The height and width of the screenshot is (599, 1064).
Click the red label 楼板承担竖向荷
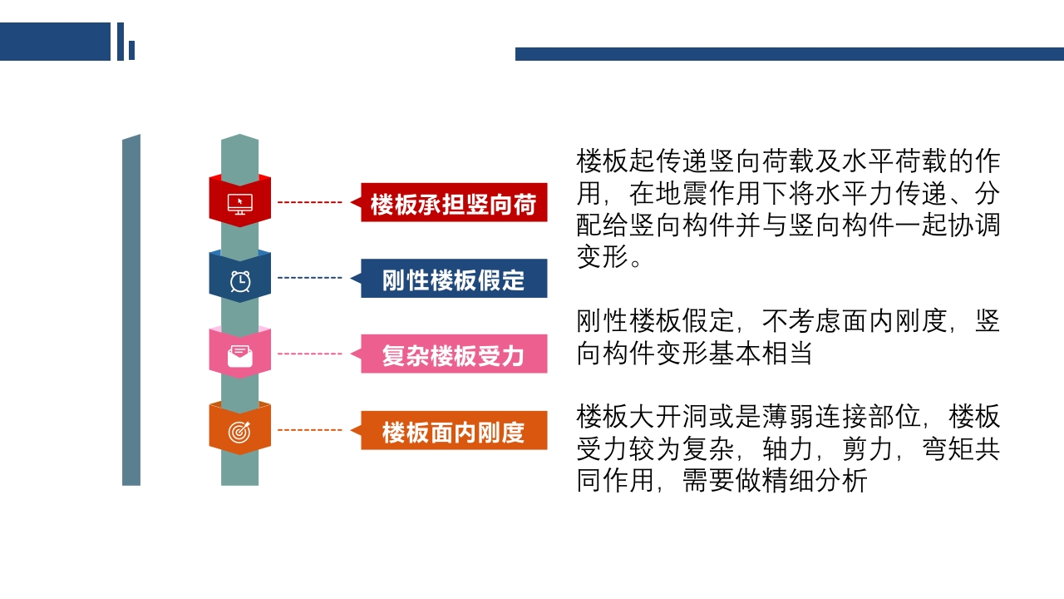[454, 203]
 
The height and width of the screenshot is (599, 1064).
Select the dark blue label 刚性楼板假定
[454, 279]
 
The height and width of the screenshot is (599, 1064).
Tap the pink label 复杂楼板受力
[454, 354]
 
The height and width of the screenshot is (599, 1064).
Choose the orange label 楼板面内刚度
[454, 431]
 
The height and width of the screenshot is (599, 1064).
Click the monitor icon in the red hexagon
[239, 202]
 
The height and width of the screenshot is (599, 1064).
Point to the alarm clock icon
[239, 280]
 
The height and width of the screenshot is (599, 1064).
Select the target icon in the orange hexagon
[239, 432]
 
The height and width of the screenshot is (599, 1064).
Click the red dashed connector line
[309, 202]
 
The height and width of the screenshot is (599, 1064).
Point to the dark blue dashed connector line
[309, 278]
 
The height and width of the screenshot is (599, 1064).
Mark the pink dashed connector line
[309, 354]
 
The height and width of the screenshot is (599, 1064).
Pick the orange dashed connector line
[309, 430]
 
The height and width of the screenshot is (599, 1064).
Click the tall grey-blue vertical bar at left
[131, 310]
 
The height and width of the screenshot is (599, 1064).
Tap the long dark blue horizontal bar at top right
[789, 54]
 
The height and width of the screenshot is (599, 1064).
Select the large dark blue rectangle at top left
[55, 42]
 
